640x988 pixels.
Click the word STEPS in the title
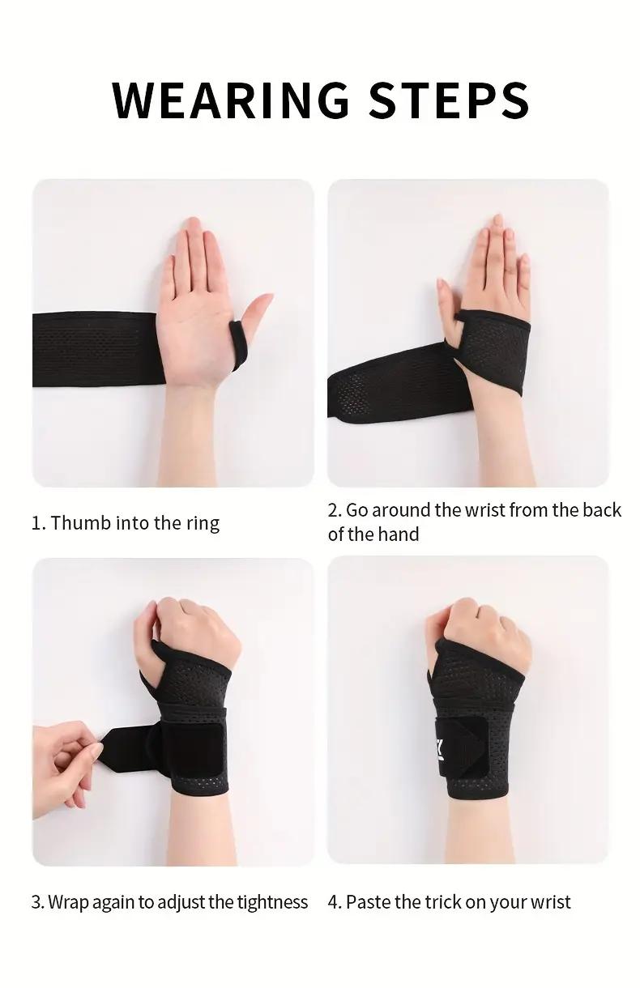[x=449, y=100]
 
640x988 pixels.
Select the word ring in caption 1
[x=203, y=523]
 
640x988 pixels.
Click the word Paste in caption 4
[x=368, y=902]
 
